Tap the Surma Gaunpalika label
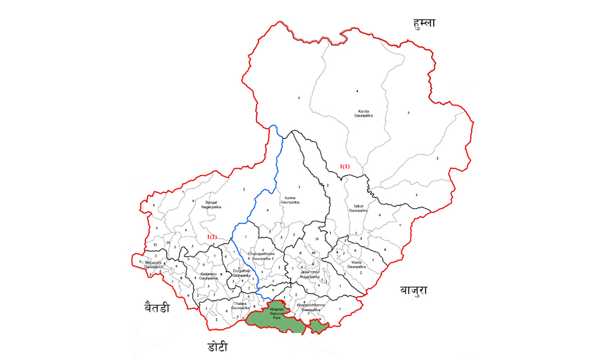(290, 201)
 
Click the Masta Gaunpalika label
(356, 265)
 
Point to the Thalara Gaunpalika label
(241, 306)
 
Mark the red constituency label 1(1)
(344, 166)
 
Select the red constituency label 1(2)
(212, 237)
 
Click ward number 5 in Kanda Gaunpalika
(298, 99)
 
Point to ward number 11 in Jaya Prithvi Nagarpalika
(317, 239)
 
